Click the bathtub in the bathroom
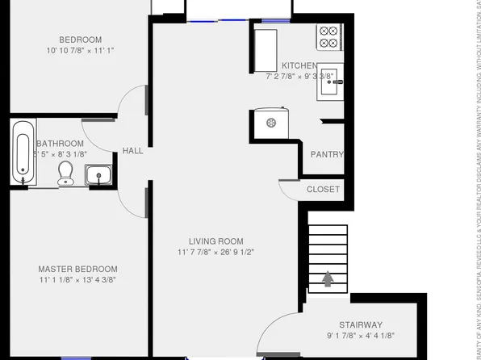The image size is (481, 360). tap(23, 153)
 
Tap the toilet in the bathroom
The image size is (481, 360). tap(66, 172)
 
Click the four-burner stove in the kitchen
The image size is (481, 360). tap(328, 38)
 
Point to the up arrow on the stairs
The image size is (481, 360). tap(328, 279)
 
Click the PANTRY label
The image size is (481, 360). tap(327, 155)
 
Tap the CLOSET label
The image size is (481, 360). tap(323, 190)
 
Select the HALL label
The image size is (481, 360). tap(133, 150)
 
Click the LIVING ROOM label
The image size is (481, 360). tap(215, 241)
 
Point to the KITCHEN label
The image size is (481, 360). tap(300, 65)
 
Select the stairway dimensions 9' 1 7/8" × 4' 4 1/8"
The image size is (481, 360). tap(360, 335)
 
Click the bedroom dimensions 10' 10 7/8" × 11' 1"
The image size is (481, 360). tap(80, 50)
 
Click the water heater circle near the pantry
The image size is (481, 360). tap(271, 123)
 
